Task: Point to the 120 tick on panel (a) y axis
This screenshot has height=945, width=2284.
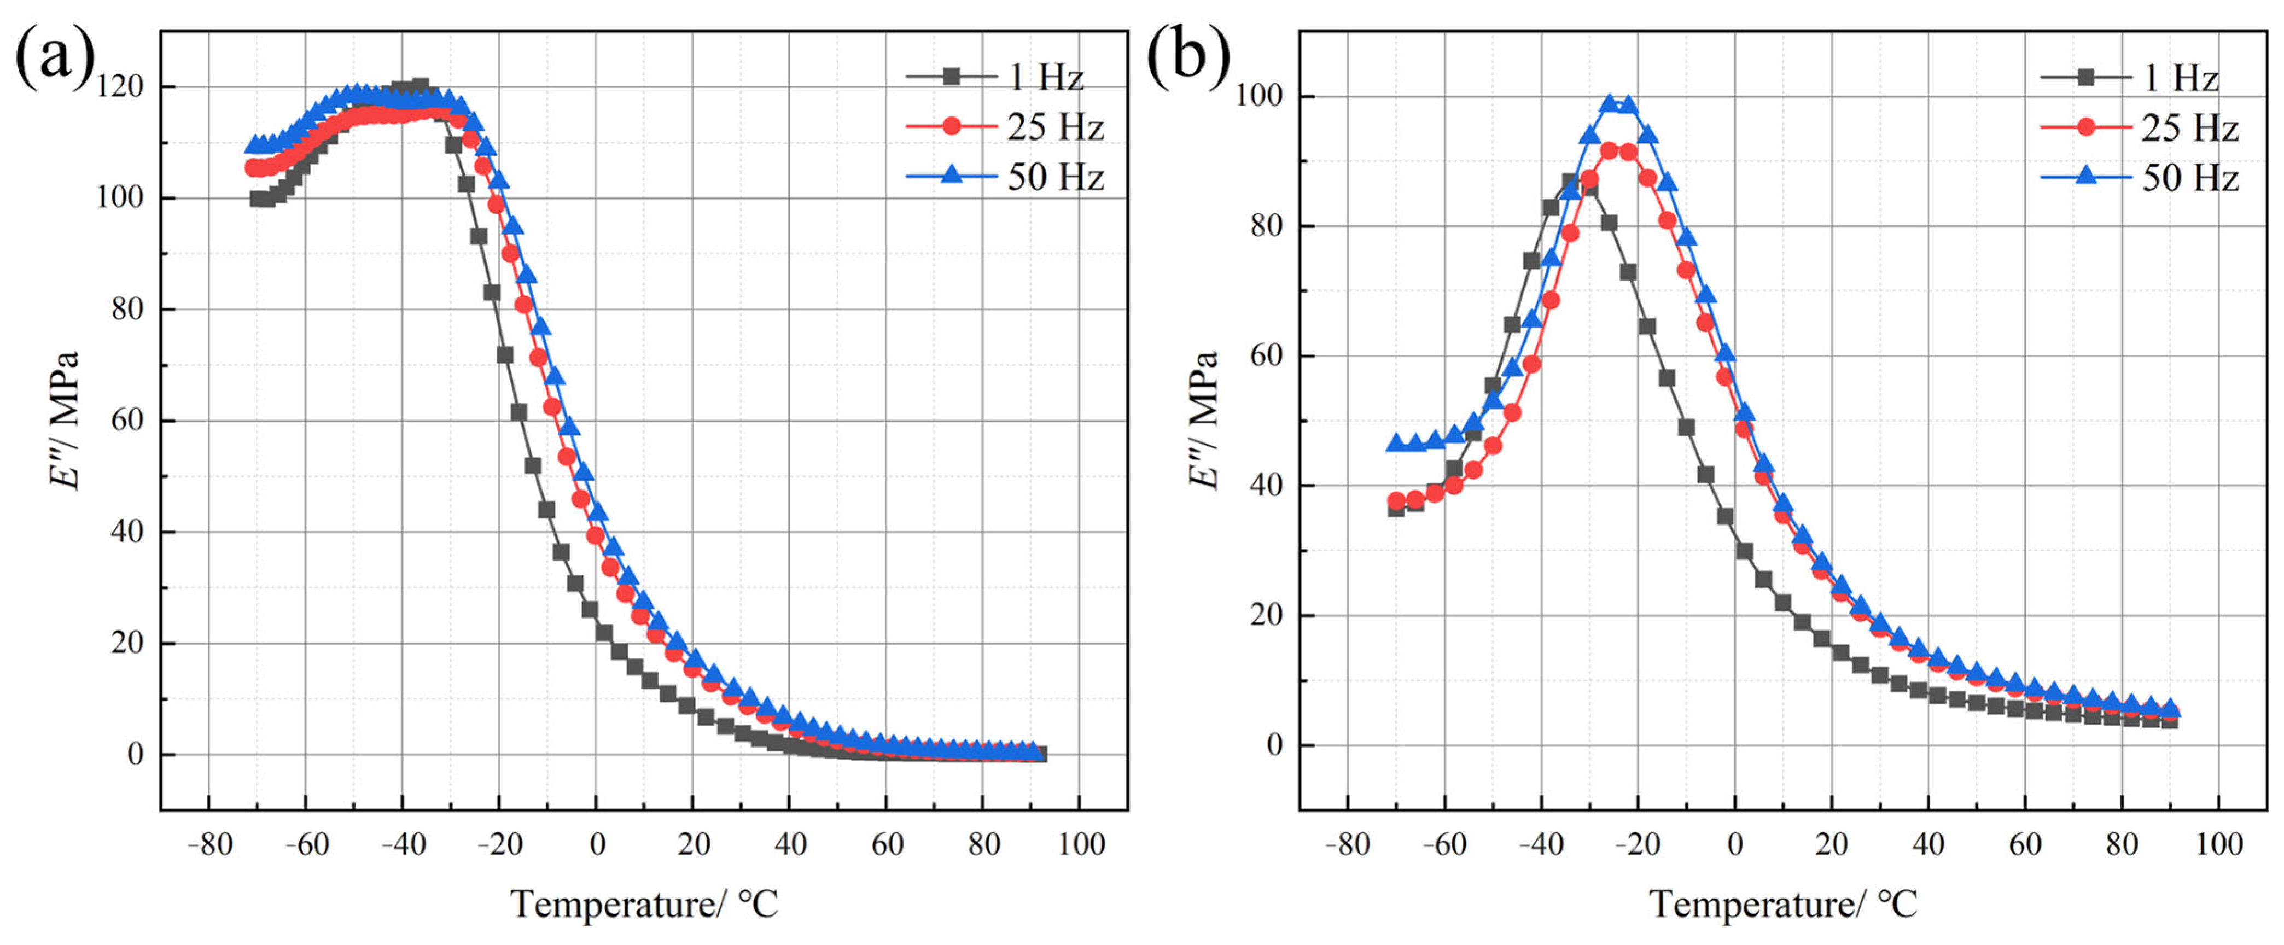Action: (x=120, y=87)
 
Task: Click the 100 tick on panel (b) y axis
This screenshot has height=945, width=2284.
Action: (x=1259, y=96)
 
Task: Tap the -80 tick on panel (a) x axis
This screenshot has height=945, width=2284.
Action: (x=209, y=844)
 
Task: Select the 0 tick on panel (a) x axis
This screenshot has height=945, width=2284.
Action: (x=597, y=844)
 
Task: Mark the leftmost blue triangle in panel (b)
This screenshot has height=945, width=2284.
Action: (x=1396, y=442)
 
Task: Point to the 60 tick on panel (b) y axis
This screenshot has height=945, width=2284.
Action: (x=1266, y=355)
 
